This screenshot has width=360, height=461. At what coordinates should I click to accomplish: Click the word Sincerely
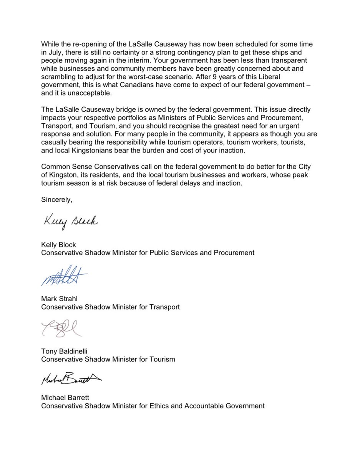pos(56,200)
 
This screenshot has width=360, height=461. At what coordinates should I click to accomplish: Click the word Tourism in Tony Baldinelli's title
pos(163,360)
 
